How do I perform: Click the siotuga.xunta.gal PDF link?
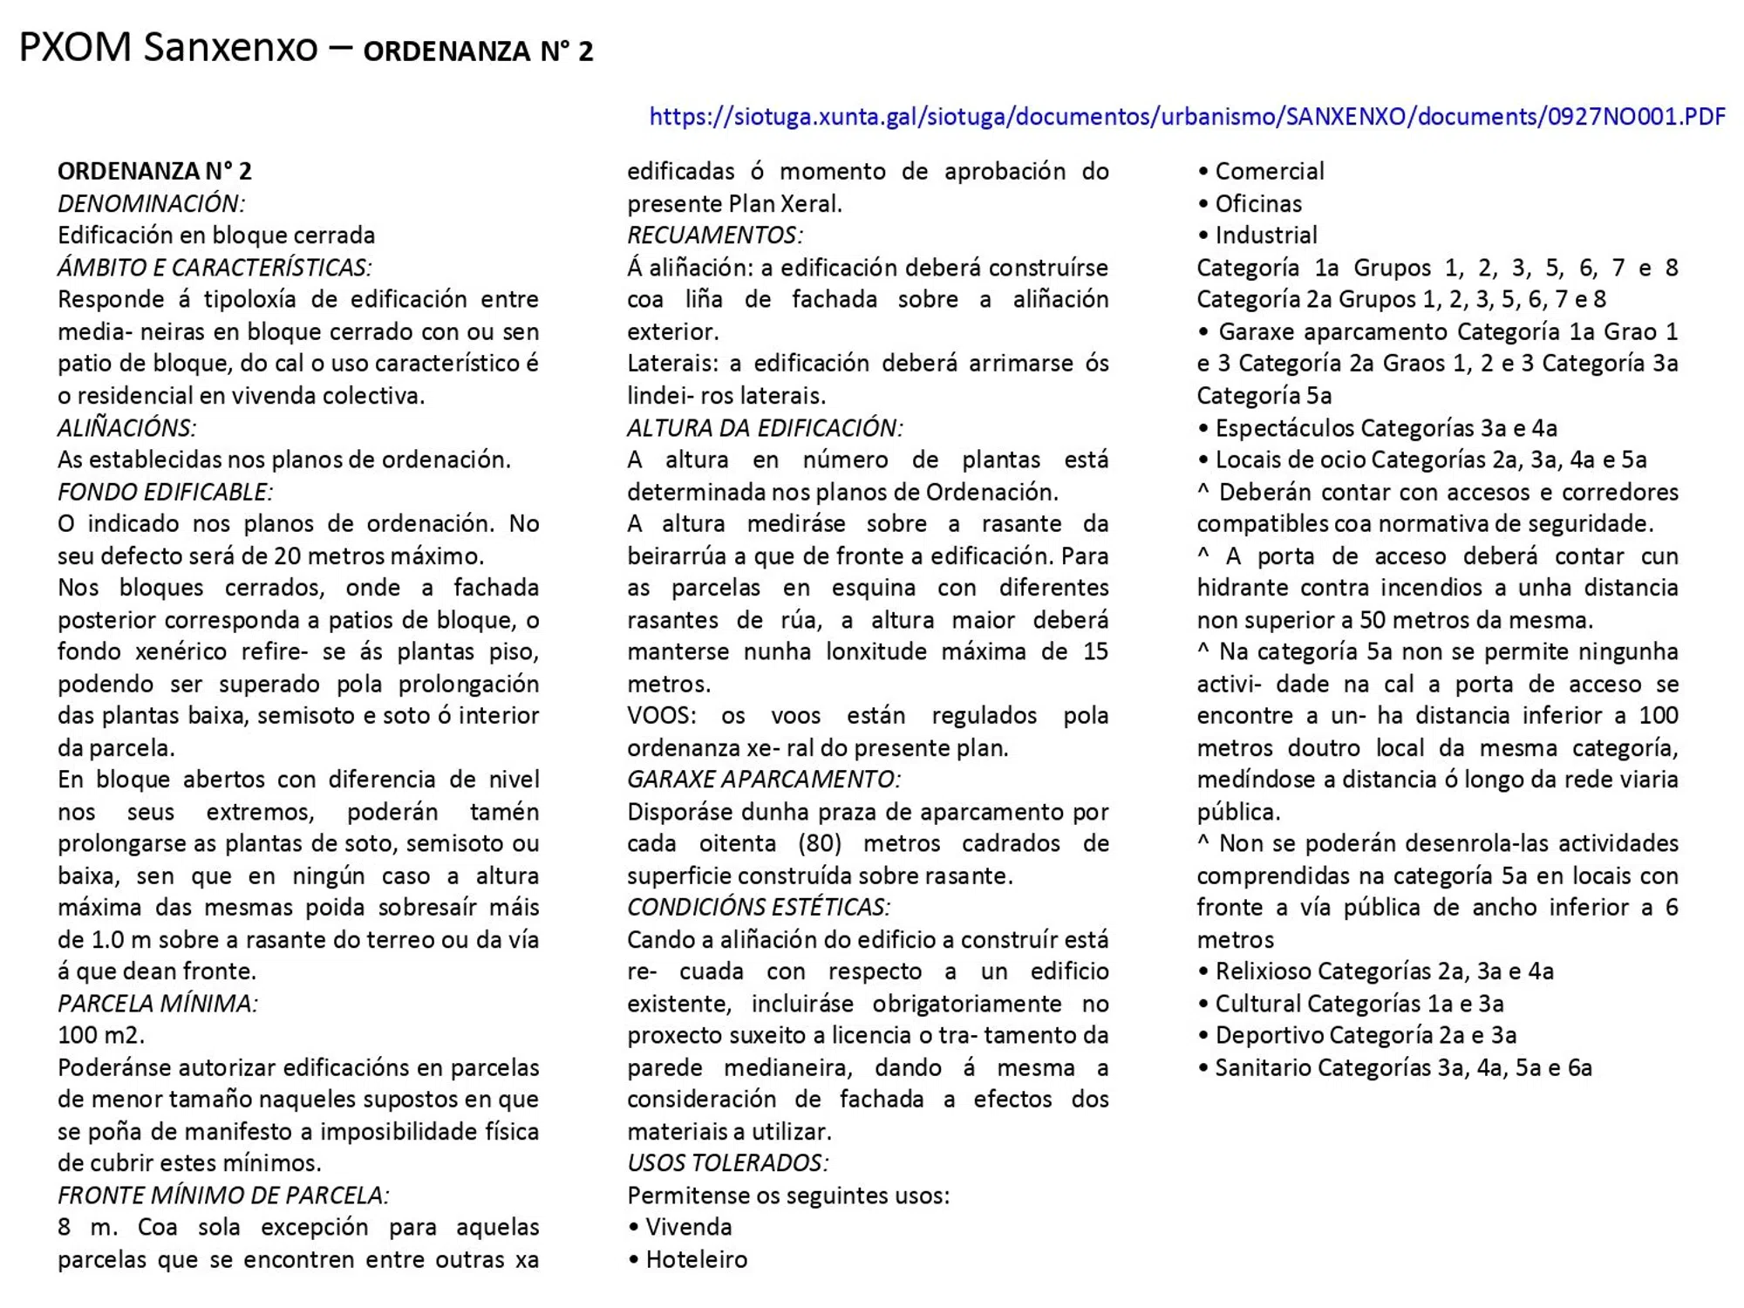[1187, 116]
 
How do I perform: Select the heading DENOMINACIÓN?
[151, 203]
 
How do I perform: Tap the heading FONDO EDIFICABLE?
[165, 492]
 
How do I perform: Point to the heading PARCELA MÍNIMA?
[158, 1003]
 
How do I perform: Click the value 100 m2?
[100, 1035]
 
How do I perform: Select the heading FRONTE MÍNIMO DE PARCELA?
[223, 1195]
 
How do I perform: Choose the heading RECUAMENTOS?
[714, 235]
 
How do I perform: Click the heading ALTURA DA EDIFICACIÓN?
[765, 427]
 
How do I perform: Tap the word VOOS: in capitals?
[661, 716]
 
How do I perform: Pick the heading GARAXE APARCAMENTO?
[763, 779]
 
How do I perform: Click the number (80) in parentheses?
[819, 843]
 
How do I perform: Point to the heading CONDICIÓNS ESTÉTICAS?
[759, 907]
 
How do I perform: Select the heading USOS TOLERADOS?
[727, 1162]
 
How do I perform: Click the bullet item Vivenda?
[688, 1227]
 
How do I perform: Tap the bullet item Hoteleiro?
[696, 1259]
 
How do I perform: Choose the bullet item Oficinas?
[1257, 203]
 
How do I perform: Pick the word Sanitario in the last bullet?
[1263, 1067]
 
